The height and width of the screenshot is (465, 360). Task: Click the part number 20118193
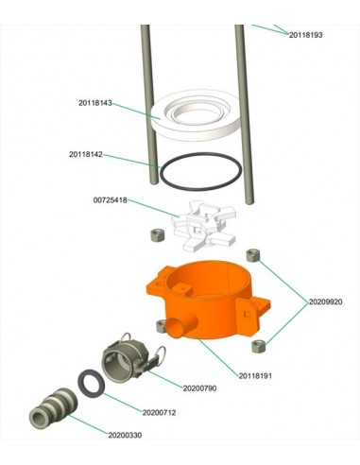(305, 35)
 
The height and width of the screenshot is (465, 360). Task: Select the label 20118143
(95, 103)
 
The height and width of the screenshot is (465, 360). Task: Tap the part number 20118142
(86, 154)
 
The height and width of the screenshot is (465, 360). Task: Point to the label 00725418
(111, 200)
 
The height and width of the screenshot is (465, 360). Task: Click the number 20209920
(325, 301)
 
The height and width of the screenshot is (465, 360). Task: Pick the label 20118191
(255, 376)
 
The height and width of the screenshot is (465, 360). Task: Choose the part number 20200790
(199, 388)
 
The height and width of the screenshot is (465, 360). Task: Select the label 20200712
(159, 412)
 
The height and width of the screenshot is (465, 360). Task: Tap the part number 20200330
(125, 435)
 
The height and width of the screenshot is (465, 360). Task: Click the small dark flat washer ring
(80, 382)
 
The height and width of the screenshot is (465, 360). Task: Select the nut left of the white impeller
(157, 235)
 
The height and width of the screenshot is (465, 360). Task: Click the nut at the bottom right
(259, 346)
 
